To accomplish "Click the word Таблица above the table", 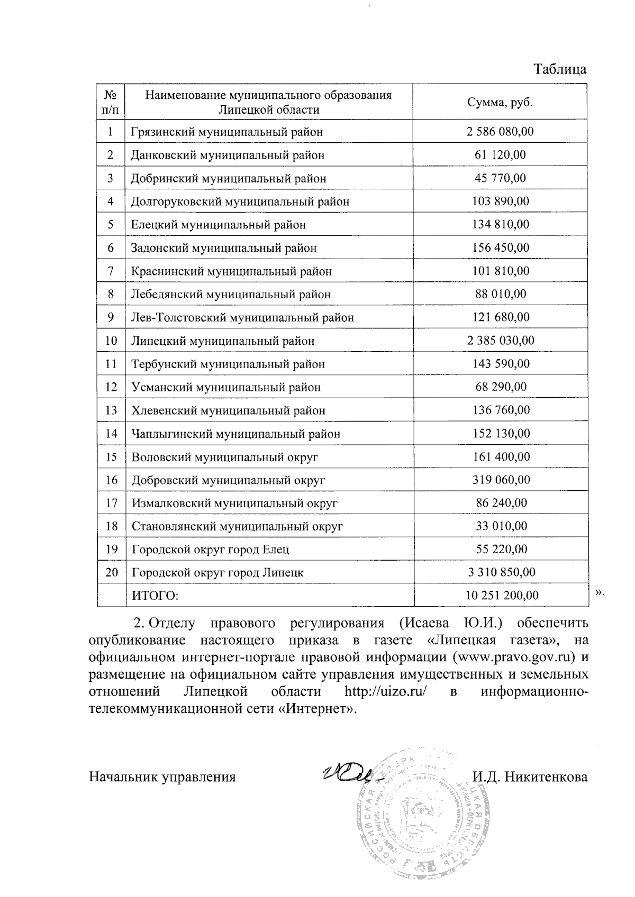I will coord(560,70).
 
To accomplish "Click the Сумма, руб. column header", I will coord(500,103).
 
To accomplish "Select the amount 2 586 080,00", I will coord(500,132).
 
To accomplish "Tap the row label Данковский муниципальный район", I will coord(228,155).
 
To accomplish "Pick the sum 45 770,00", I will coord(500,178).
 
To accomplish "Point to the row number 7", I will coord(111,271).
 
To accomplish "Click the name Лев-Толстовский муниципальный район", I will coord(242,317).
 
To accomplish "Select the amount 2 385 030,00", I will coord(500,341).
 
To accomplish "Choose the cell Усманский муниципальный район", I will coord(226,387).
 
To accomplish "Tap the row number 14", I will coord(111,434).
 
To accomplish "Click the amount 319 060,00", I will coord(500,480).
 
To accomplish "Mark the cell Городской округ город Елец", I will coord(210,550).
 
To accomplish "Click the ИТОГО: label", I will coord(155,596).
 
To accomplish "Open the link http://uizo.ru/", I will coord(385,692).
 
